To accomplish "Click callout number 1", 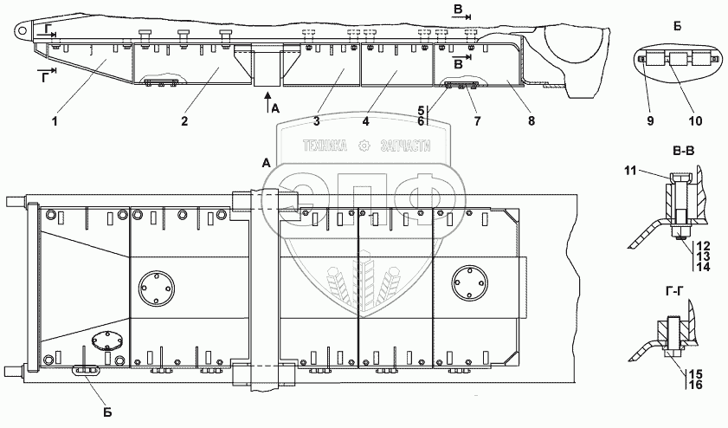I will point(54,121).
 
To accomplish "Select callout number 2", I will point(185,121).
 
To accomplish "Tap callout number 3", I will point(318,121).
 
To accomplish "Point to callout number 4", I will point(366,121).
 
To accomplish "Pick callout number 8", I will point(529,121).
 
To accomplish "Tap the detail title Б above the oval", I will point(677,27).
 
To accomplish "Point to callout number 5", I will point(422,111).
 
